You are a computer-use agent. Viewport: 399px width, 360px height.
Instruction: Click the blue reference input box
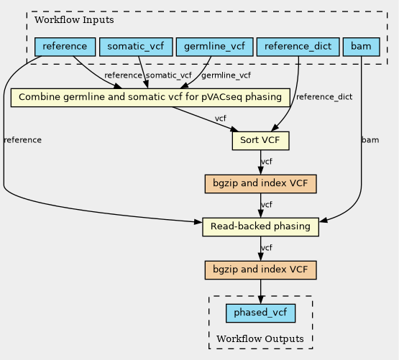click(65, 47)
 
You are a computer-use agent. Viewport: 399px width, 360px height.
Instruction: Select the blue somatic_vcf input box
click(136, 47)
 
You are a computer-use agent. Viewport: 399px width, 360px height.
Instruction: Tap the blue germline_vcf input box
click(214, 47)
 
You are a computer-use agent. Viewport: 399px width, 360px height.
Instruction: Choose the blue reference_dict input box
click(298, 47)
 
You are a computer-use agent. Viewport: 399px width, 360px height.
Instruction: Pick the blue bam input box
click(362, 47)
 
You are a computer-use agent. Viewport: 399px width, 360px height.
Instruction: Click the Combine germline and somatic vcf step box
click(150, 98)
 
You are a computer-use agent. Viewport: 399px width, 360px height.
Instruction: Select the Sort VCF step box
click(260, 141)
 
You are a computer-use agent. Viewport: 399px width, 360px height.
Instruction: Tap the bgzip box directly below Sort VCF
click(260, 184)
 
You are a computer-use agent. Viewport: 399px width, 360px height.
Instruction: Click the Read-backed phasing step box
click(260, 227)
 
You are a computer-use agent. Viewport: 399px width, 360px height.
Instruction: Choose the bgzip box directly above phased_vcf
click(260, 270)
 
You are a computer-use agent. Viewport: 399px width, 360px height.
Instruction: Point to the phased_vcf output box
click(260, 313)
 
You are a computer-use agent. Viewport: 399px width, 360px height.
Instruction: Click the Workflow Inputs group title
click(74, 20)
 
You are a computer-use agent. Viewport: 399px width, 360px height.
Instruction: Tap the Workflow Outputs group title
click(260, 339)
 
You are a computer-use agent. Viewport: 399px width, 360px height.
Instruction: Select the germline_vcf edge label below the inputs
click(226, 75)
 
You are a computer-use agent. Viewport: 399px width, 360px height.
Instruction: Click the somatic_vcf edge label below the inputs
click(169, 75)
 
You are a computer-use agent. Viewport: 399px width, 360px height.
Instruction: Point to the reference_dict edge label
click(324, 97)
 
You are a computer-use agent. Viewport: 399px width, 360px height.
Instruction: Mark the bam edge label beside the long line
click(370, 140)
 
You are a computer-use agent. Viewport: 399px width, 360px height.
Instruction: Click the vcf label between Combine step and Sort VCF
click(221, 119)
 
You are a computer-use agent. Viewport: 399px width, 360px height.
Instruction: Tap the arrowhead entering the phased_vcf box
click(260, 300)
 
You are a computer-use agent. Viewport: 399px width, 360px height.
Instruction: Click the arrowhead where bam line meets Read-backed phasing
click(324, 221)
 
